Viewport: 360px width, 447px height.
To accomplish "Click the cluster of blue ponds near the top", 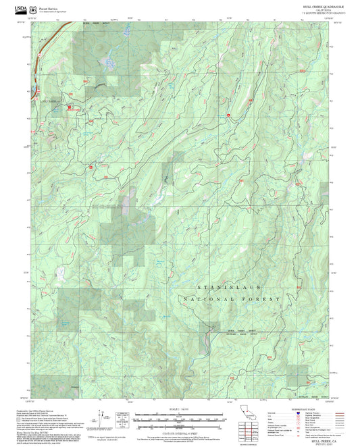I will tap(107, 65).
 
